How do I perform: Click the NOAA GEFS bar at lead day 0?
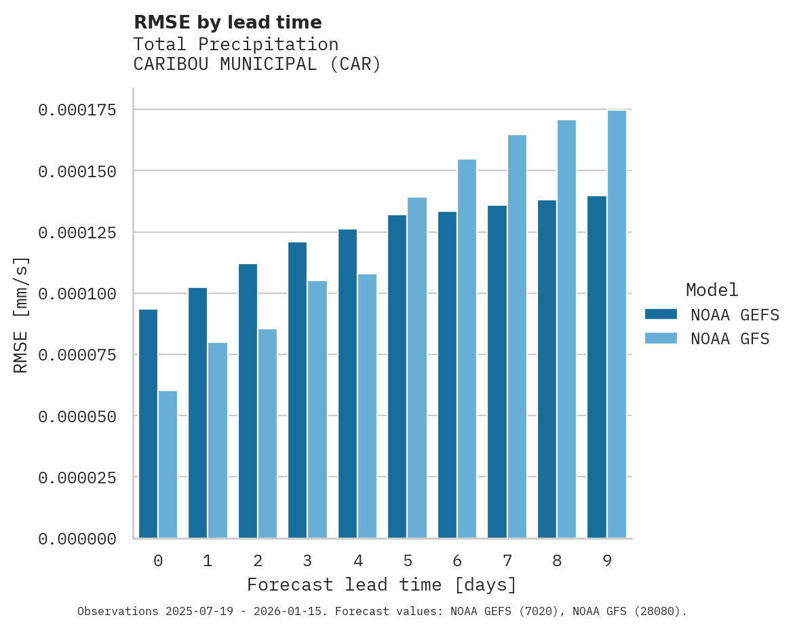(x=148, y=424)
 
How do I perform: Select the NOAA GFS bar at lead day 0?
(x=168, y=464)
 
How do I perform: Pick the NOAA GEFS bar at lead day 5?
(x=397, y=377)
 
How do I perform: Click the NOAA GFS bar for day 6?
(x=467, y=349)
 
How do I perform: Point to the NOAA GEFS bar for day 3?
(x=298, y=390)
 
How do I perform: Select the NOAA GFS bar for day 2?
(x=268, y=434)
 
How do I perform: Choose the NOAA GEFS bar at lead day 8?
(x=547, y=369)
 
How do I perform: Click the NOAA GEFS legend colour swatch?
(x=661, y=314)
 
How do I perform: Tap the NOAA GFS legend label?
(x=730, y=339)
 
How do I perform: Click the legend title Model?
(x=712, y=290)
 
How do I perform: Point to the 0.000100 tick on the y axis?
(x=77, y=294)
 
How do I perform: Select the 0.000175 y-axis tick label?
(x=77, y=110)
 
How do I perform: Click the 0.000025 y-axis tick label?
(x=77, y=478)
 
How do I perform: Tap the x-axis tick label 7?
(x=507, y=561)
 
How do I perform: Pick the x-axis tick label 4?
(x=357, y=561)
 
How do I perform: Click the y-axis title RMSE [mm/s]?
(x=21, y=315)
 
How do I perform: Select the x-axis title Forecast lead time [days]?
(x=382, y=585)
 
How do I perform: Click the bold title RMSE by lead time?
(x=227, y=22)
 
